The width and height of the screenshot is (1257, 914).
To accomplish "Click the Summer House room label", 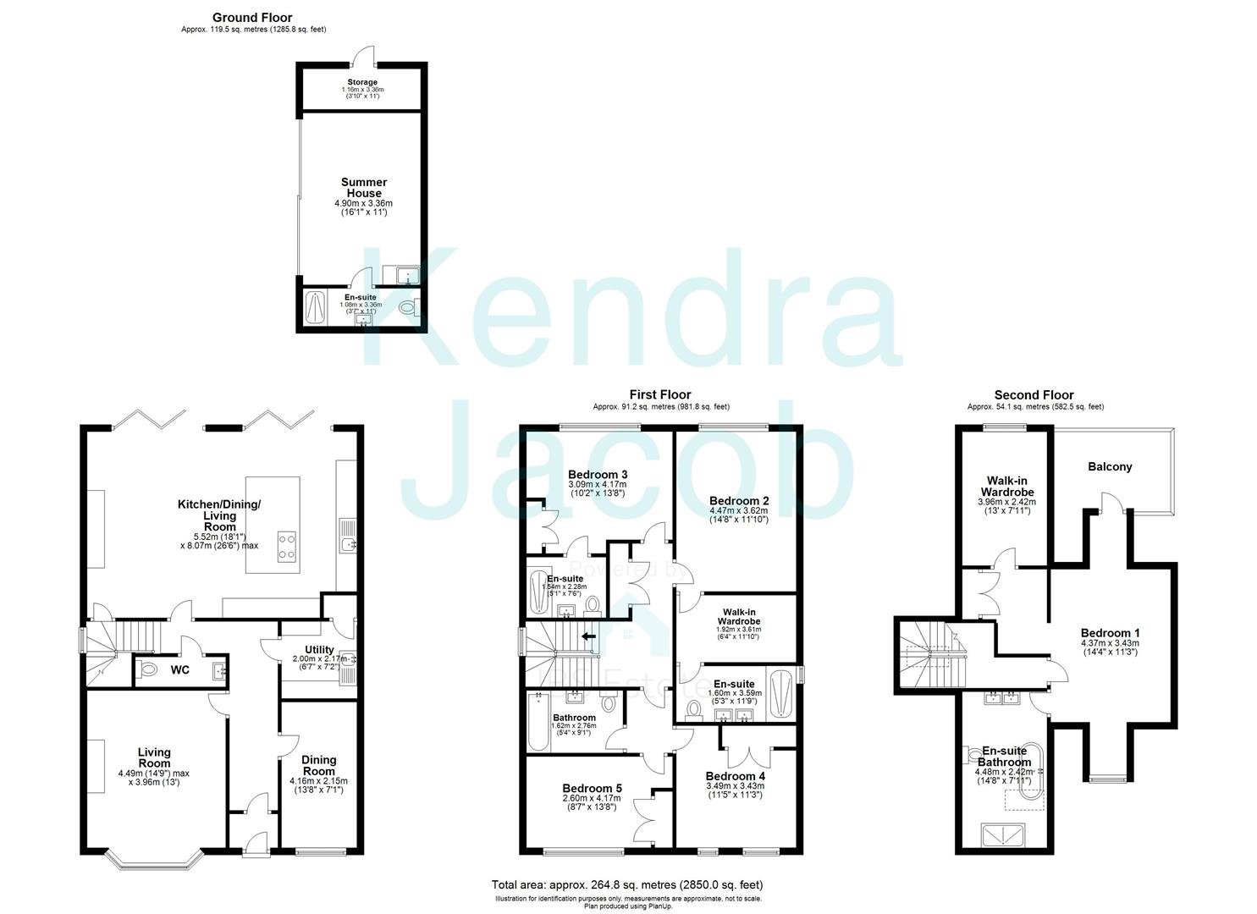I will point(363,187).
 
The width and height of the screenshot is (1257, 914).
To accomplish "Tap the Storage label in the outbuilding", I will point(362,82).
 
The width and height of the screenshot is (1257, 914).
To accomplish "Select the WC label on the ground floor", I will point(180,670).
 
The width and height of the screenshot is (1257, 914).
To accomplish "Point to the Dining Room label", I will point(318,765).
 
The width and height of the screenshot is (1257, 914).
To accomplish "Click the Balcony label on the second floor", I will point(1110,466).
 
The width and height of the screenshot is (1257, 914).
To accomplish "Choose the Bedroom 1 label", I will point(1110,633).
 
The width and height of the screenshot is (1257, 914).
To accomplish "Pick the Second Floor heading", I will point(1034,394).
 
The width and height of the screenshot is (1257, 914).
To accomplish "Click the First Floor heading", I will point(659,394).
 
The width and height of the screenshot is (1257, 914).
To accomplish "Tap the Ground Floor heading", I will point(252,17).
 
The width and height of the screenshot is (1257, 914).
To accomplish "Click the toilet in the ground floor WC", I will point(149,670).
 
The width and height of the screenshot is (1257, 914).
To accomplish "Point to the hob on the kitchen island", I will point(288,546).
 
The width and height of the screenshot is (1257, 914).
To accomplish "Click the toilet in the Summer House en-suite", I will point(410,306).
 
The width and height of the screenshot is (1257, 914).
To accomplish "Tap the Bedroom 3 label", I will point(598,474).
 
